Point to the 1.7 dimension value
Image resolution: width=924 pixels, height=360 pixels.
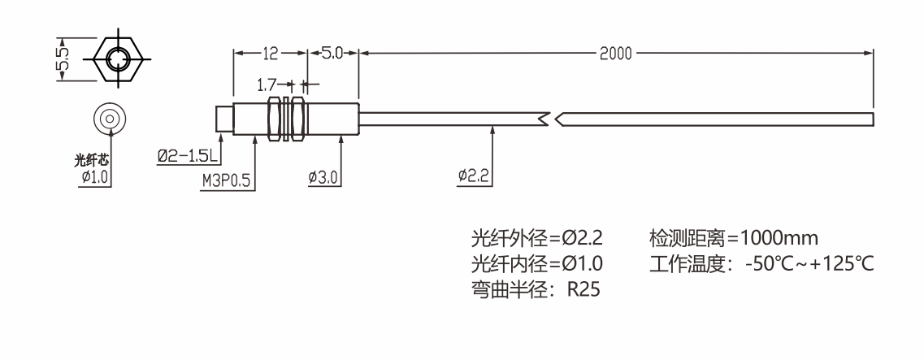pyautogui.click(x=267, y=84)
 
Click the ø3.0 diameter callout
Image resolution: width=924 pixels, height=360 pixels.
pyautogui.click(x=323, y=176)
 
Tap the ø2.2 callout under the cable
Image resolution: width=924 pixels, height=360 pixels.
pyautogui.click(x=474, y=176)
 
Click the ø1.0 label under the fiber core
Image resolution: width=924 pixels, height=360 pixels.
pyautogui.click(x=95, y=177)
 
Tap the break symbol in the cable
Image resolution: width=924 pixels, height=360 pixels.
pyautogui.click(x=551, y=119)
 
